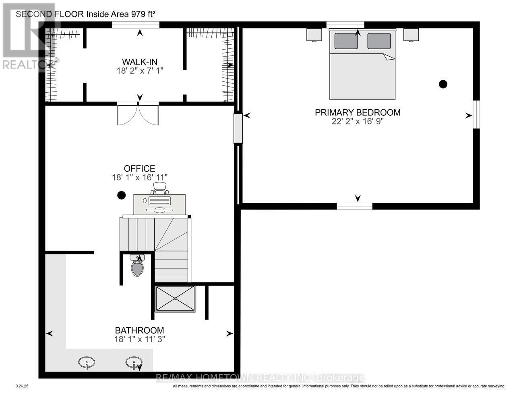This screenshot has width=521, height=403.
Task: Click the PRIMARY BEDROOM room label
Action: tap(358, 112)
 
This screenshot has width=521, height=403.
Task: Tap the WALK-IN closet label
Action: tap(140, 62)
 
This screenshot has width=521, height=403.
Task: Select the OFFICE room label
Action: tap(139, 169)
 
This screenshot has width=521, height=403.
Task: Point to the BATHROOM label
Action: tap(139, 330)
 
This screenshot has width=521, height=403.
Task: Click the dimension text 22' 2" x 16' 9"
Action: tap(358, 121)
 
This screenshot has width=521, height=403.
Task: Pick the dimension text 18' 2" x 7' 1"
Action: tap(140, 71)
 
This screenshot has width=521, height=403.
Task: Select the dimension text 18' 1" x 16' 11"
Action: tap(139, 177)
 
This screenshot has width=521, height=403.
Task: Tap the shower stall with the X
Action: tap(175, 298)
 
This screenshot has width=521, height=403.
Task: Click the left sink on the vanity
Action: tap(87, 362)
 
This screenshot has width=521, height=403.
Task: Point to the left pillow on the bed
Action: tap(346, 41)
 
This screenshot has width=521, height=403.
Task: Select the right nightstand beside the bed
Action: tap(411, 35)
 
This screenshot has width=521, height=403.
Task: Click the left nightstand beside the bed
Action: tap(314, 35)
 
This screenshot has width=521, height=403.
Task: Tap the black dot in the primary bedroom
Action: tap(443, 84)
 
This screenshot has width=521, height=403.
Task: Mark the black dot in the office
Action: tap(121, 195)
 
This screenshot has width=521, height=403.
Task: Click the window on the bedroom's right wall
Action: tap(476, 114)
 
